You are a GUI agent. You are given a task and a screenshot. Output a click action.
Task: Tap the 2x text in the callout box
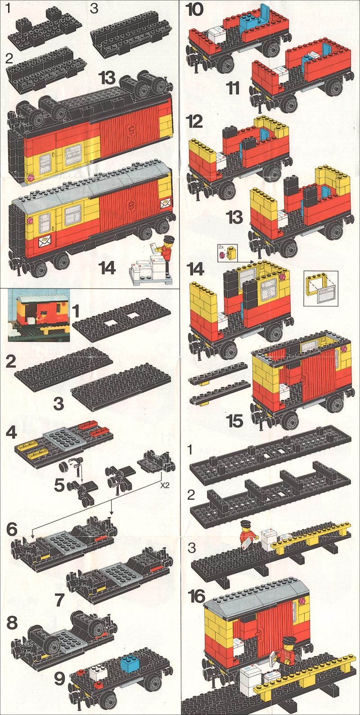pos(221,247)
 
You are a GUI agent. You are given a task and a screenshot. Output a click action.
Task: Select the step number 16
pos(196,596)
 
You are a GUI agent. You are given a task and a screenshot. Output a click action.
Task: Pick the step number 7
pos(60,598)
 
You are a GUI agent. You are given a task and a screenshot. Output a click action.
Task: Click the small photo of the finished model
pos(38,315)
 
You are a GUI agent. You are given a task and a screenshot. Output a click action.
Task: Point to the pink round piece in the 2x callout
pos(222,255)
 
